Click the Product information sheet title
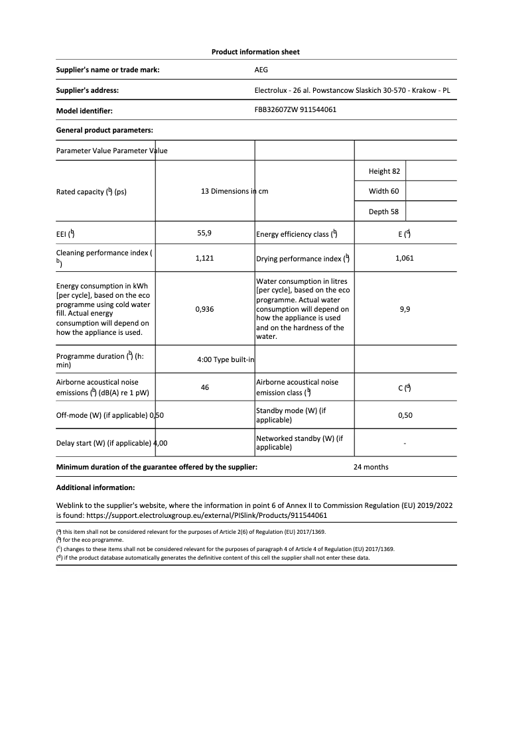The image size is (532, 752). [255, 52]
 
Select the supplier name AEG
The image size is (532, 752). [261, 70]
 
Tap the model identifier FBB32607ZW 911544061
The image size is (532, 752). [295, 109]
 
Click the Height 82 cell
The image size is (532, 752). [384, 171]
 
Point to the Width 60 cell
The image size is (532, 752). [383, 192]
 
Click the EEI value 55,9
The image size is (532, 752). [204, 233]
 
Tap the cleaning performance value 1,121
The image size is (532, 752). [204, 259]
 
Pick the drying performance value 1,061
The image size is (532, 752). [404, 259]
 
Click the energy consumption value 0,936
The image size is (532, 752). [204, 309]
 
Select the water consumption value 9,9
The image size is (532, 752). [405, 309]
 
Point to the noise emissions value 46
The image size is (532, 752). [204, 387]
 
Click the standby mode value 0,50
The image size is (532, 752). [405, 415]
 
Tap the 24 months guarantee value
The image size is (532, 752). [371, 467]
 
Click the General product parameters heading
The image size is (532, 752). [105, 130]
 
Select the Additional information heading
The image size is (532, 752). [96, 487]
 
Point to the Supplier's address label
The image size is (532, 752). [88, 90]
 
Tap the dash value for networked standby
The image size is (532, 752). [405, 443]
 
